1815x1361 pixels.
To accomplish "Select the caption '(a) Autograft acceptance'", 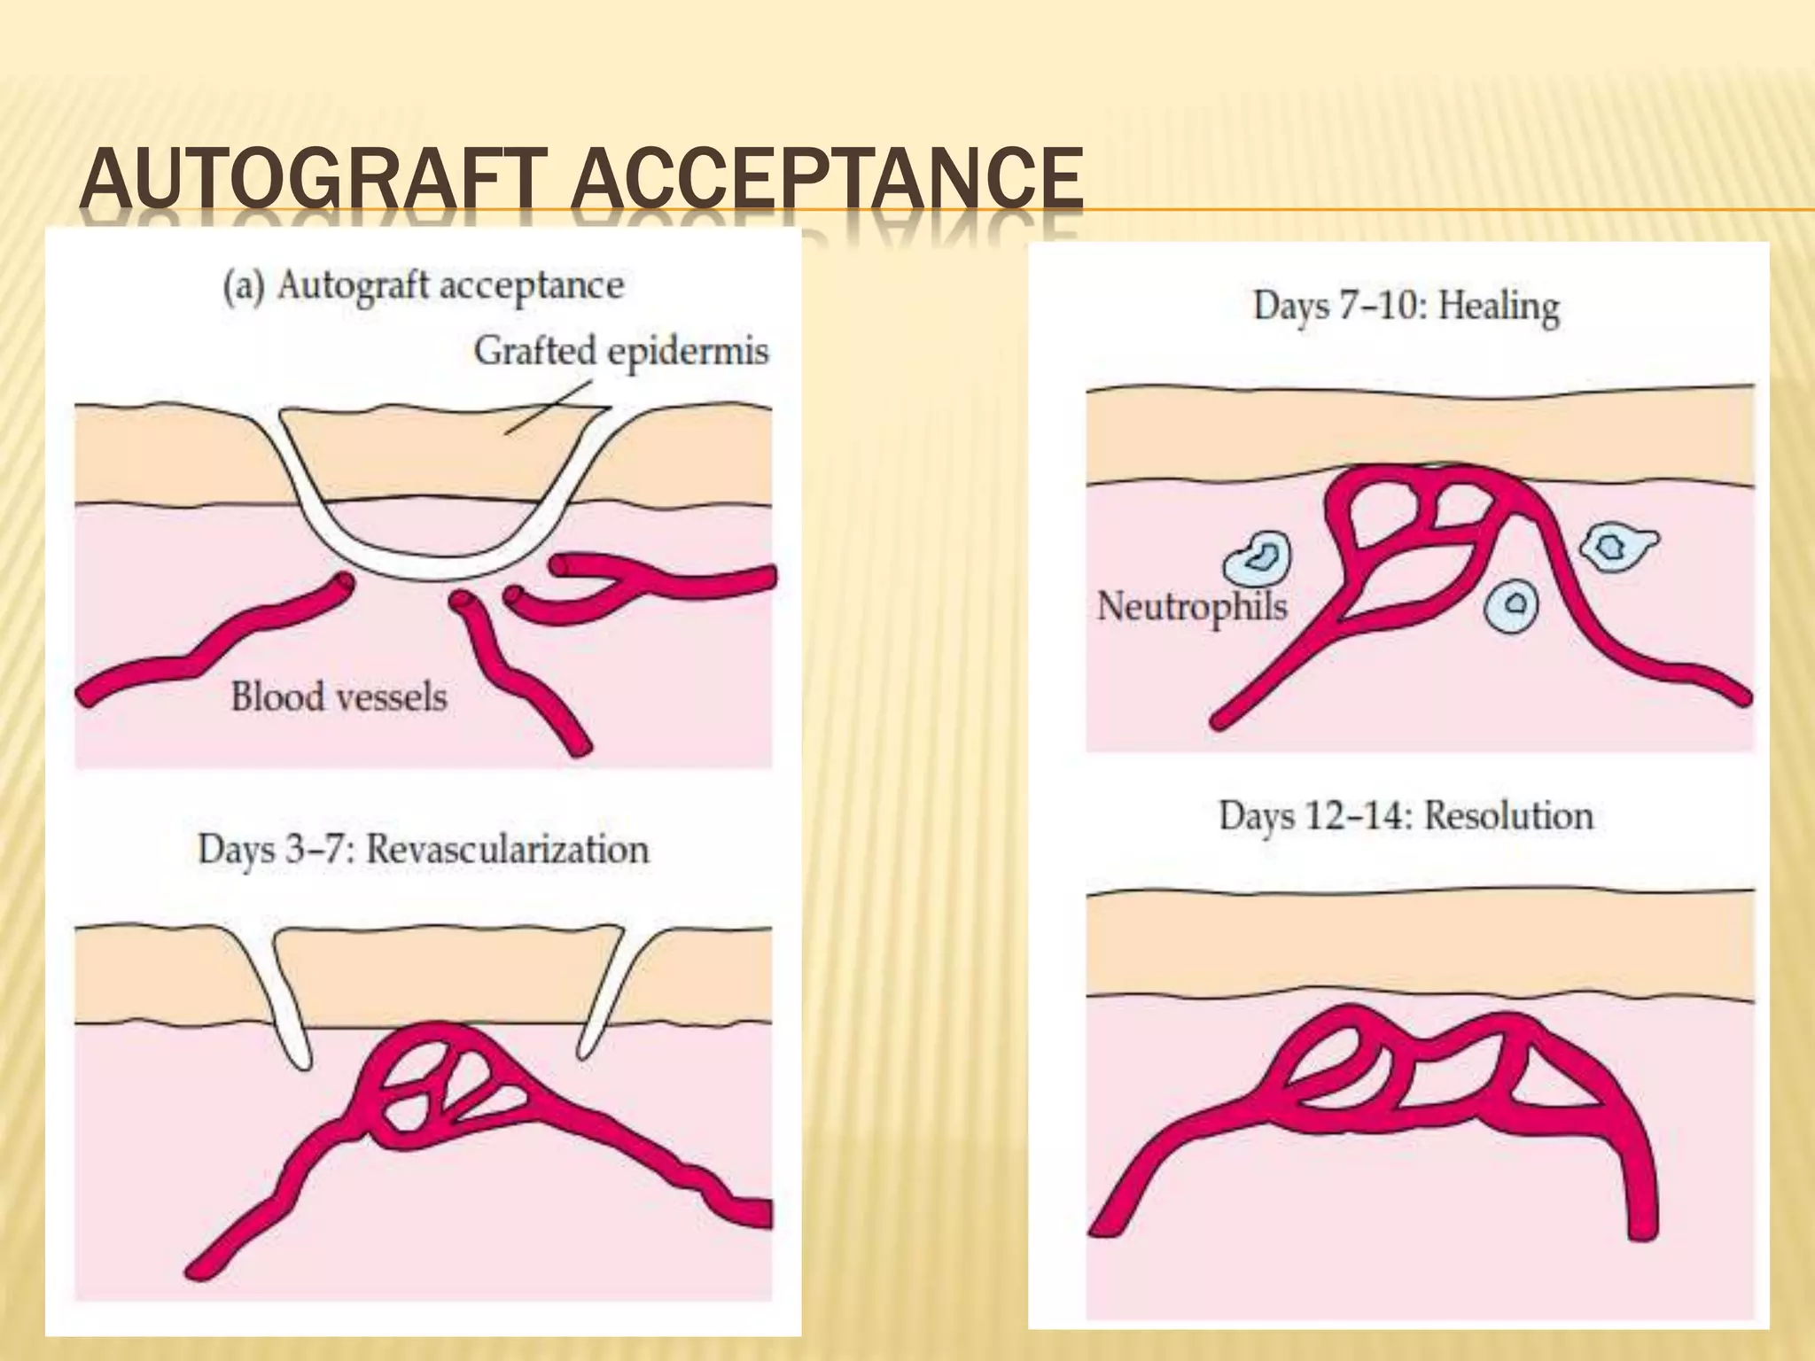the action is click(423, 286).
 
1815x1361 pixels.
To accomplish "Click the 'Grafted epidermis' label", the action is click(620, 351).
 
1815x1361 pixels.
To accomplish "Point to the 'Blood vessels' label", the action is click(339, 696).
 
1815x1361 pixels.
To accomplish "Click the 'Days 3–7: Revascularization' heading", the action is click(423, 849).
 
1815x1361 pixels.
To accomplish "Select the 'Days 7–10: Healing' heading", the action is click(1406, 307).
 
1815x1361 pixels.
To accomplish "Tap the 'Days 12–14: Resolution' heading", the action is click(1406, 815).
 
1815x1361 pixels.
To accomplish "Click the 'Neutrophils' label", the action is click(1191, 606).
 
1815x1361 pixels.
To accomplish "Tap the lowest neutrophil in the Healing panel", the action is click(1512, 605).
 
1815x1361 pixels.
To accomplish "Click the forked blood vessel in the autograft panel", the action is click(647, 584).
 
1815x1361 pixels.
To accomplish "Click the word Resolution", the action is click(1508, 815).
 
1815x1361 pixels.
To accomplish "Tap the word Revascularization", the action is click(507, 849).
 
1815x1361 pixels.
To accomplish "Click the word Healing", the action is click(1498, 307).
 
